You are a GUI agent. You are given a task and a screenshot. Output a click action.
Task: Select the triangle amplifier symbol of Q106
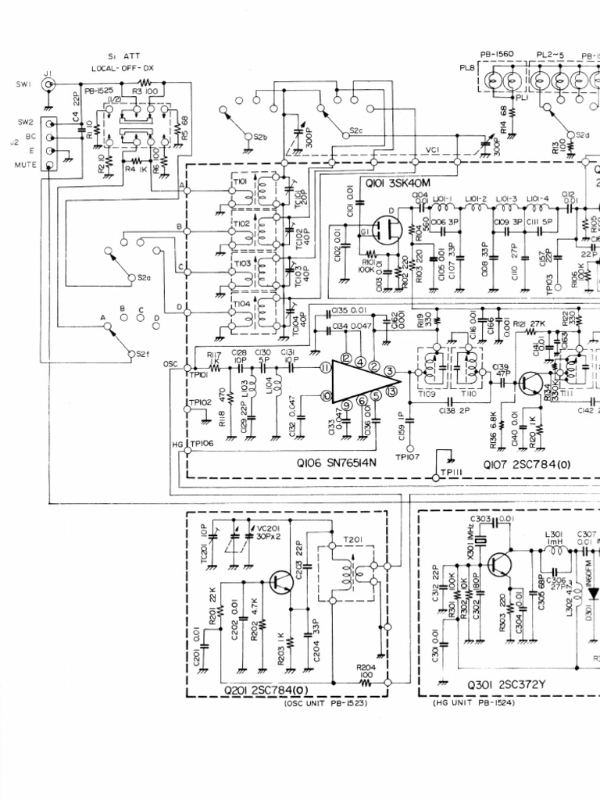click(355, 381)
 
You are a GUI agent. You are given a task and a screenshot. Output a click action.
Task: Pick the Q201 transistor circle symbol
click(282, 581)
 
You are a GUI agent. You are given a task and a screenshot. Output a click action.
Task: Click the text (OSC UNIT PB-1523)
click(323, 703)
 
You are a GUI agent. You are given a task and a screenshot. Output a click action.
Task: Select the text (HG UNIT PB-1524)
click(476, 702)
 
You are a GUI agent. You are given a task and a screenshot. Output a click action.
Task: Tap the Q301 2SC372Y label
click(506, 687)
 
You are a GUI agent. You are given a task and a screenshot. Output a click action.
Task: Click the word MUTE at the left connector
click(27, 165)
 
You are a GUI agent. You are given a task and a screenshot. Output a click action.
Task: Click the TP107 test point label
click(408, 458)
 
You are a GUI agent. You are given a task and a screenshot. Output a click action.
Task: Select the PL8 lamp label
click(467, 68)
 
